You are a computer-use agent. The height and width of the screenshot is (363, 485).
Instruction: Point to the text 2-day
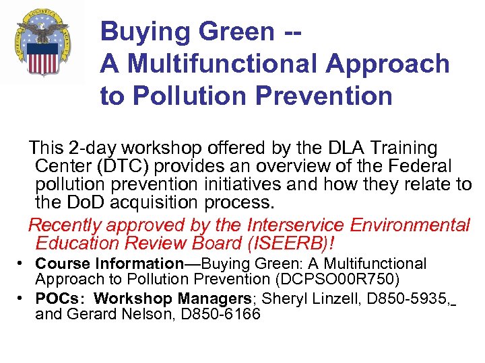[x=92, y=147]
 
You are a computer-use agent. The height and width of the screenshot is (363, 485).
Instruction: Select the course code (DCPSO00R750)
[x=344, y=279]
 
